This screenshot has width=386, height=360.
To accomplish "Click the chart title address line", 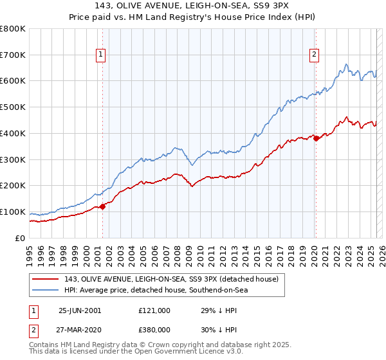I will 193,7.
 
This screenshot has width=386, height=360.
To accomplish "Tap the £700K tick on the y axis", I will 13,55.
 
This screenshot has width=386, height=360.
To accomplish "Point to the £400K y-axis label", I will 13,134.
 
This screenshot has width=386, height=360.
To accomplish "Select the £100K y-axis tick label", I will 13,212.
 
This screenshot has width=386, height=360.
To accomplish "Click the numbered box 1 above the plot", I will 102,55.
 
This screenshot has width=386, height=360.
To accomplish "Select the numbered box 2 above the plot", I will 315,55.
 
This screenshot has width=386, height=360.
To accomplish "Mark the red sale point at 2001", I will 103,206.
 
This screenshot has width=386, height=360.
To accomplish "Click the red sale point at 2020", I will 316,138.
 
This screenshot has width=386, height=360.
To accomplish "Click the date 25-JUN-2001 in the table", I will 80,310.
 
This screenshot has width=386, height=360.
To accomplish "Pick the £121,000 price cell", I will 154,310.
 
